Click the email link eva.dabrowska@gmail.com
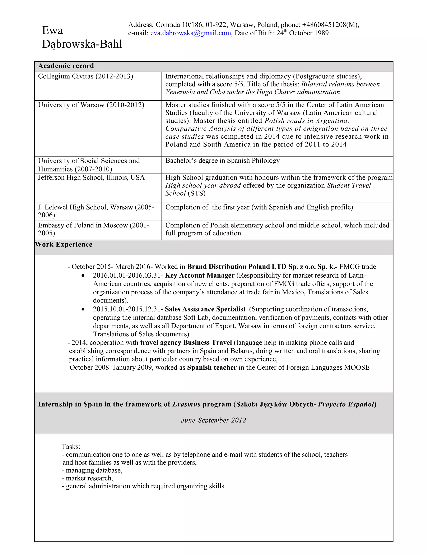190,33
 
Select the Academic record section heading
66,66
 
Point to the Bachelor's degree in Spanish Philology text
222,161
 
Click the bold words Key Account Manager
200,276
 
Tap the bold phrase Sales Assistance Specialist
205,309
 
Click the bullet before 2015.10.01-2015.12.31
83,309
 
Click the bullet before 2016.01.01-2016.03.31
83,276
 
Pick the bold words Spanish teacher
212,368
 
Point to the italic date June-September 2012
213,420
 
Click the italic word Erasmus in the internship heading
186,404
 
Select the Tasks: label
71,447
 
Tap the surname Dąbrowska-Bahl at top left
82,44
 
